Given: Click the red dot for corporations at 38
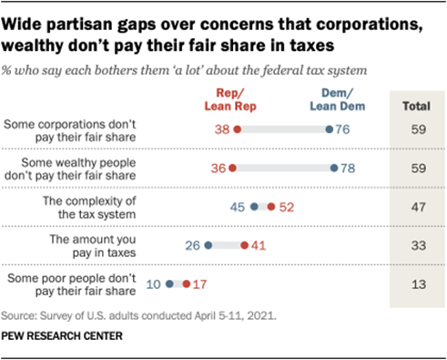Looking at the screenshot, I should tap(237, 129).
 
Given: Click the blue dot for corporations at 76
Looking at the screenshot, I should tap(330, 129).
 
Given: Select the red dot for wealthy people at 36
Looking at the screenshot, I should tap(232, 168).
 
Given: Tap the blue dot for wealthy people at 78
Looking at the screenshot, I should tap(335, 168).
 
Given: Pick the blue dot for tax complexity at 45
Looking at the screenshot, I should tap(254, 207).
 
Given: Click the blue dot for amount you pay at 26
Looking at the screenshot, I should tap(208, 245).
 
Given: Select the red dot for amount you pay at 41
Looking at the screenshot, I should tap(244, 245).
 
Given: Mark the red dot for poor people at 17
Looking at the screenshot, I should tap(186, 283).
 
